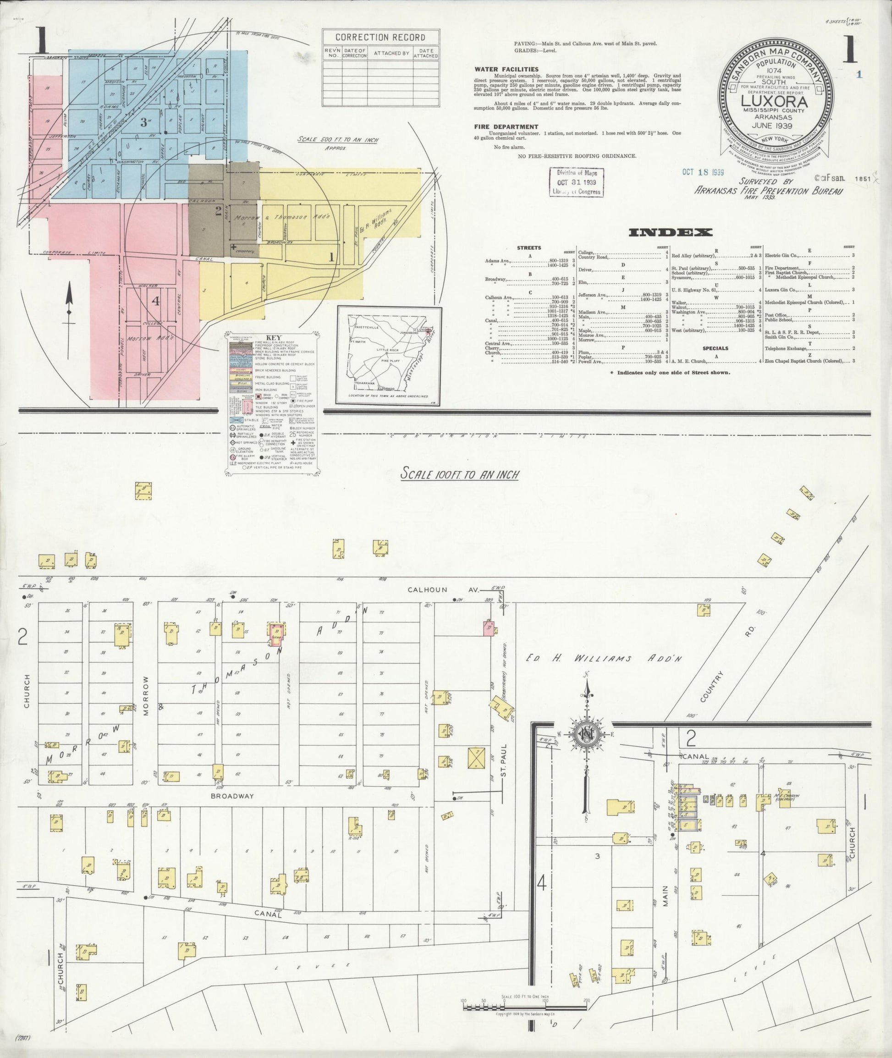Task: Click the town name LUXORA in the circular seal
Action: click(x=775, y=102)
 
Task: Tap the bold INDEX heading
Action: click(x=670, y=232)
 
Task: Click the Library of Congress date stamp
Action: click(x=577, y=182)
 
